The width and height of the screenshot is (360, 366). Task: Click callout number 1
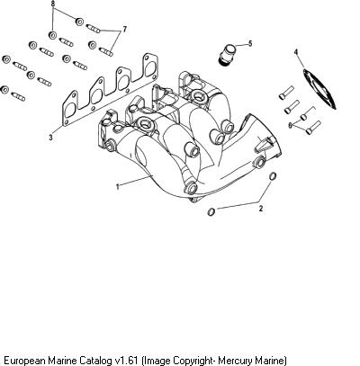[118, 187]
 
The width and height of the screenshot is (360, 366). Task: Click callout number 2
[261, 209]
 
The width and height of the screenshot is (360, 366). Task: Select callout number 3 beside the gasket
[50, 138]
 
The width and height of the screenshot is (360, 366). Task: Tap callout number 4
[296, 52]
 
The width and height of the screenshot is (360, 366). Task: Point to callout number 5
[250, 44]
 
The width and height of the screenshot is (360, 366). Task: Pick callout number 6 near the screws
[290, 125]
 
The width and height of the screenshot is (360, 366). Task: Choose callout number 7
[124, 30]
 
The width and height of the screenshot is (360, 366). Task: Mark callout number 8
[53, 4]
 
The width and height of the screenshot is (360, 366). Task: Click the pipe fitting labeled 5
[227, 53]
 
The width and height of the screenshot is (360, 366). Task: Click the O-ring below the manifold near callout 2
[211, 211]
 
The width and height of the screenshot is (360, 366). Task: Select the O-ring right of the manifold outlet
[272, 176]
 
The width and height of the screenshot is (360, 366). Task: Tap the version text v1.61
[127, 360]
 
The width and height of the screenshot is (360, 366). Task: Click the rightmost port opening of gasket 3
[151, 67]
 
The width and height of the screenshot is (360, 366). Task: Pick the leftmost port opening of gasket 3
[71, 110]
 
